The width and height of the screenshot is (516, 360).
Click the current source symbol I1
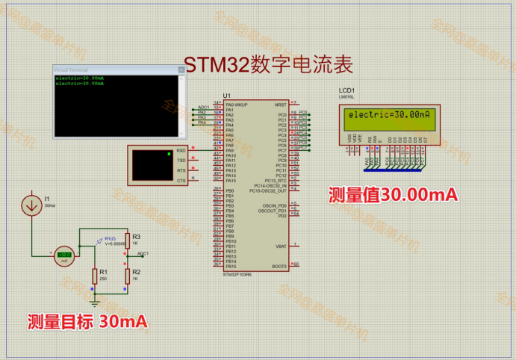coord(32,205)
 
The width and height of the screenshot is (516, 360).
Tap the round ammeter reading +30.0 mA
coord(63,255)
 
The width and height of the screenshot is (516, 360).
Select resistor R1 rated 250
coord(94,274)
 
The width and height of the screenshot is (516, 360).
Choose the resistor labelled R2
coord(127,274)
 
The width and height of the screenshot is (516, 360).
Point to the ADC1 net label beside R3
coord(142,253)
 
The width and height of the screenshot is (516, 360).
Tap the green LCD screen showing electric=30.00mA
coord(388,115)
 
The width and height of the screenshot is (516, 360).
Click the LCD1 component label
coord(346,90)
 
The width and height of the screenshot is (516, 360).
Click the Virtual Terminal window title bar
coord(112,69)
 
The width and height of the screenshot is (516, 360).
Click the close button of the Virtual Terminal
coord(180,69)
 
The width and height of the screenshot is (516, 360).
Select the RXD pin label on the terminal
coord(181,151)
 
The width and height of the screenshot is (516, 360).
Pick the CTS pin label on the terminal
coord(181,181)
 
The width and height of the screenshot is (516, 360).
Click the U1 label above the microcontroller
coord(227,96)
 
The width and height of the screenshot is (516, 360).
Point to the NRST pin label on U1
coord(281,105)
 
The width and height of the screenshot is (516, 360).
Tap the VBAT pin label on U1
coord(281,246)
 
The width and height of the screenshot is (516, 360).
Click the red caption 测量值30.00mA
coord(393,195)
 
